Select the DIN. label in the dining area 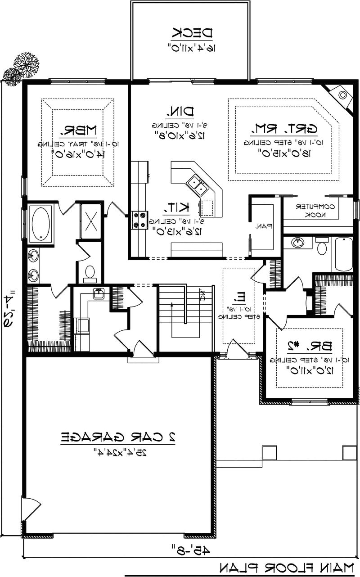181,111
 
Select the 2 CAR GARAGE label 118,437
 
